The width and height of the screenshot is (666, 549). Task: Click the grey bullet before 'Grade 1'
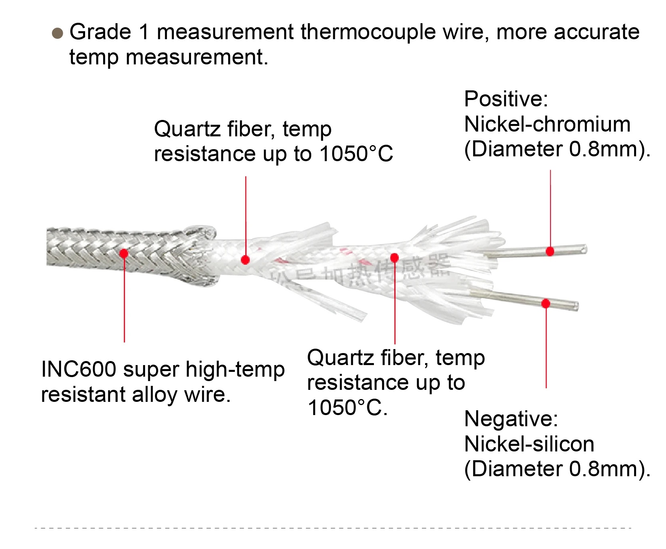[58, 33]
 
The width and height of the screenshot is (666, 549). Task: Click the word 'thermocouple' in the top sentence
[368, 32]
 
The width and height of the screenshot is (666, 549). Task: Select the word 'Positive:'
[506, 99]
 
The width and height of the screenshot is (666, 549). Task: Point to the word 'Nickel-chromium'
[547, 124]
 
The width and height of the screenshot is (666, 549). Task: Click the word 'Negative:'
[511, 419]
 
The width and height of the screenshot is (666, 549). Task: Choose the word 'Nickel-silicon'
[529, 444]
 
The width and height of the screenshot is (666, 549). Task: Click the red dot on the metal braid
[124, 253]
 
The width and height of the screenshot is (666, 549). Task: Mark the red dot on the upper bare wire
[550, 251]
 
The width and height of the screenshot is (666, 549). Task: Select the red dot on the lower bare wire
[546, 303]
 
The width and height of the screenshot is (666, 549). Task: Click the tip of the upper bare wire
[585, 249]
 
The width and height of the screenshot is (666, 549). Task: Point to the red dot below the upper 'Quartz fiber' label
[245, 260]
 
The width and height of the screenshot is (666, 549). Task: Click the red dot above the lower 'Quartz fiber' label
[394, 258]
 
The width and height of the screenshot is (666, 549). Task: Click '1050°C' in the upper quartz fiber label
[356, 154]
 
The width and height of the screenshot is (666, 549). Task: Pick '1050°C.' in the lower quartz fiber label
[347, 408]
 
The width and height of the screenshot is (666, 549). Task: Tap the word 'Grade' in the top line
[100, 32]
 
